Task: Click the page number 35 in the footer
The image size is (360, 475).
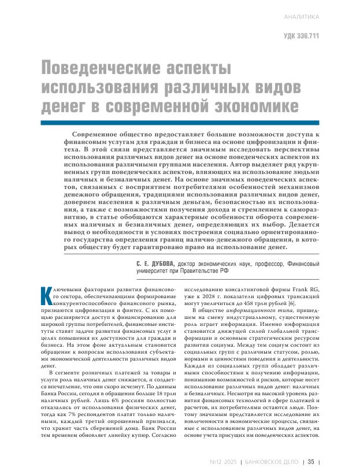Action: [310, 461]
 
